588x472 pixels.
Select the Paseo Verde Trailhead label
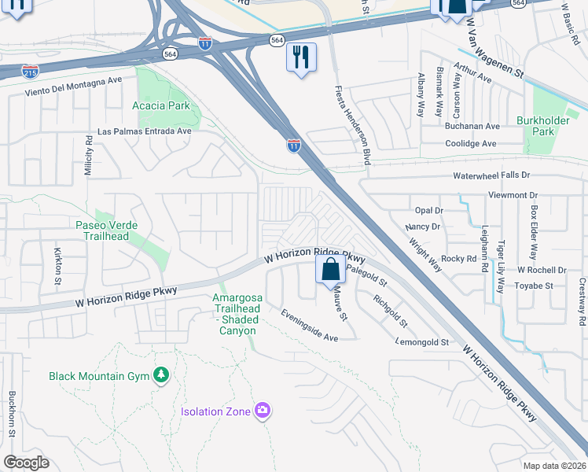(x=107, y=230)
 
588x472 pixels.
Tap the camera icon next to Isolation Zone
(x=263, y=410)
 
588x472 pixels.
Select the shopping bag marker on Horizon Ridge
(x=331, y=269)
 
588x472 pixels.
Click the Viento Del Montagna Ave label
(x=74, y=80)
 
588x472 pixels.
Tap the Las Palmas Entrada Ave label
(x=145, y=131)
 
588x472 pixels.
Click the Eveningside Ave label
(x=310, y=325)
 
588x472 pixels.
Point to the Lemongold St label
(x=422, y=342)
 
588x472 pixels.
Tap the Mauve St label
(x=339, y=303)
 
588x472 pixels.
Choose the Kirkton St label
(x=58, y=266)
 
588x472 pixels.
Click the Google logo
(x=26, y=463)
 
